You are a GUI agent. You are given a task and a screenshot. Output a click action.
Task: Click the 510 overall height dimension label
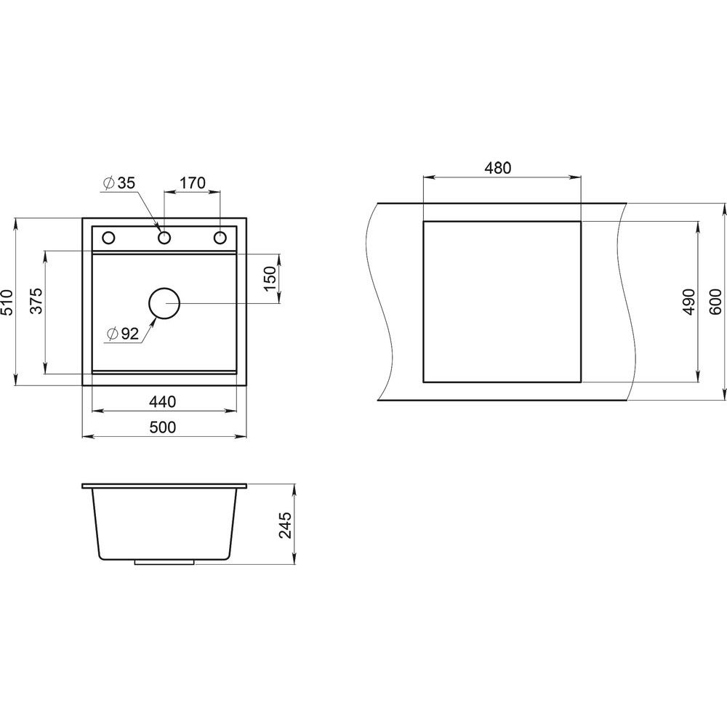pos(7,302)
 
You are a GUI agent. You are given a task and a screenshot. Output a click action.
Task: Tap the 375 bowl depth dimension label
pos(36,301)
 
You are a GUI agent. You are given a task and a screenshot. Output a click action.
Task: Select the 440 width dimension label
pos(163,401)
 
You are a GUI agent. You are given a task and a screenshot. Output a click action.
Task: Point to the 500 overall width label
pos(163,427)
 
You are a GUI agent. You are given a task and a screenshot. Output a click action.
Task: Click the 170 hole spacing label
pos(192,182)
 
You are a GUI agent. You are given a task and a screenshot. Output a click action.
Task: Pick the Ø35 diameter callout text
pos(120,183)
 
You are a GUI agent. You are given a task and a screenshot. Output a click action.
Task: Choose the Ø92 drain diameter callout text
pos(122,334)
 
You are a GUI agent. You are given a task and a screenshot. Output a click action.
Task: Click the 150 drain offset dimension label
pos(270,278)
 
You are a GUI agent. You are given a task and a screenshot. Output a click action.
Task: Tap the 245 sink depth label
pos(286,525)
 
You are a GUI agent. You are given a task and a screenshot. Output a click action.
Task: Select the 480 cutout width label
pos(497,168)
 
